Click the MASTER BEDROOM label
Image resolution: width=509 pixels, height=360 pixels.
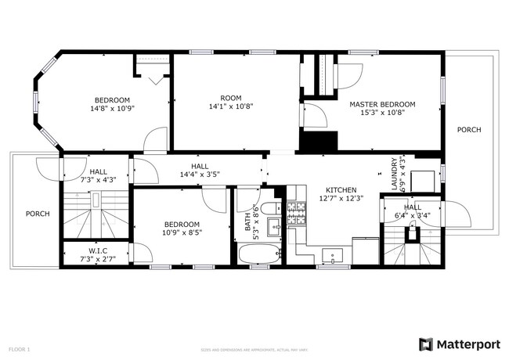382,104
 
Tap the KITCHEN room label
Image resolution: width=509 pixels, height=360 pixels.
341,190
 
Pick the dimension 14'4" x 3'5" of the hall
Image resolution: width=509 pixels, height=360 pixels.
199,175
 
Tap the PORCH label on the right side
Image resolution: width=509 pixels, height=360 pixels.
469,130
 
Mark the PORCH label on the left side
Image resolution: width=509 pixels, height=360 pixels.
37,214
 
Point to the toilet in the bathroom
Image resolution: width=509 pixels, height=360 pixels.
268,209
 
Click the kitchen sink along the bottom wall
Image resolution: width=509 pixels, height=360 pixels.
334,255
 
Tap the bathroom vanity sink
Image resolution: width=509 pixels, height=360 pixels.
273,227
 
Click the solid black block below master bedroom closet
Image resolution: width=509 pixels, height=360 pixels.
318,142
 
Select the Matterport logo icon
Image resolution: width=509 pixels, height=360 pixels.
426,344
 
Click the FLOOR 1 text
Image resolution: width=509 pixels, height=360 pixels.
19,348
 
